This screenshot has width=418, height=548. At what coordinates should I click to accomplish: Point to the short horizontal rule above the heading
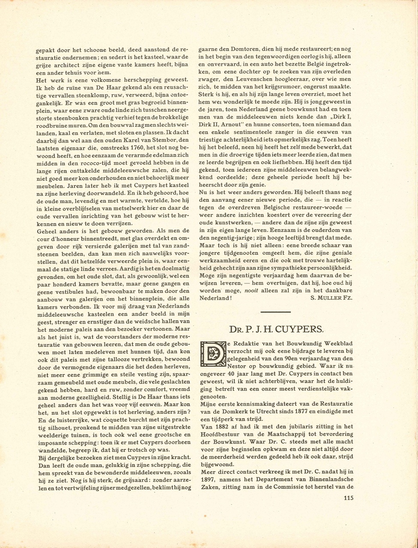click(x=275, y=312)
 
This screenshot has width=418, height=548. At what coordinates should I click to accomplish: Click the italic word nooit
click(x=252, y=290)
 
